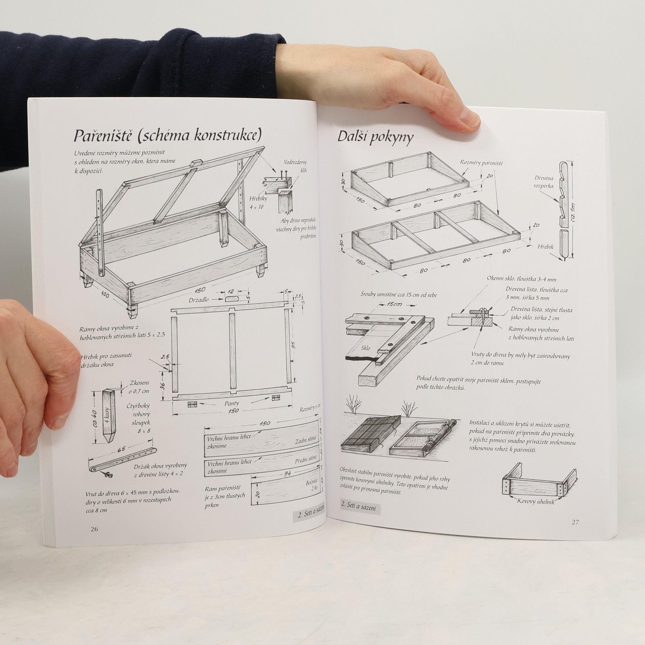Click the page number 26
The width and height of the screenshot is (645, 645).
click(94, 529)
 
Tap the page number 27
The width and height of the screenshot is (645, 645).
click(575, 522)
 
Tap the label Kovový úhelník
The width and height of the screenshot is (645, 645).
click(536, 511)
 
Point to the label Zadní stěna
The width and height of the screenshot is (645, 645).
click(302, 441)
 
